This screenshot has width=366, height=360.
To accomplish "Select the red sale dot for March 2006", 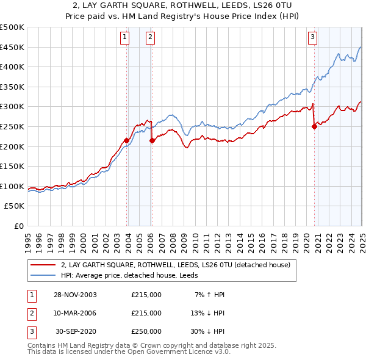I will (x=152, y=140).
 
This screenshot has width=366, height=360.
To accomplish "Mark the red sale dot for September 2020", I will (x=315, y=127).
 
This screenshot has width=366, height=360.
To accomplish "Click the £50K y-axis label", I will (x=15, y=206).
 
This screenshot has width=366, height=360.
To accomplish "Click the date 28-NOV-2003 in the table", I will (x=75, y=295).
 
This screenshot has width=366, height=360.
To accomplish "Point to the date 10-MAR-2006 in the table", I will (x=75, y=312).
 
